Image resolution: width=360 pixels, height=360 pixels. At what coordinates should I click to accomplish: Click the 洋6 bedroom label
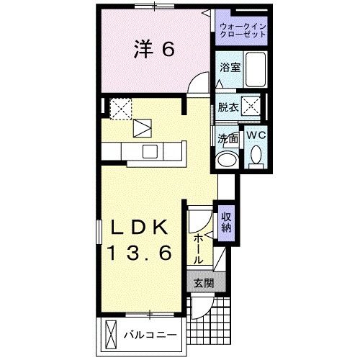coord(154,49)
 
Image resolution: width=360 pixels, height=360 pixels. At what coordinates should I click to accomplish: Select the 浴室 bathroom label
coord(230,68)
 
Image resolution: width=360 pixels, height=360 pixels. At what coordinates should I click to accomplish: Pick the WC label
coord(256,134)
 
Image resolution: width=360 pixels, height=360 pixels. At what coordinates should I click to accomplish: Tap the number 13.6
coord(140,253)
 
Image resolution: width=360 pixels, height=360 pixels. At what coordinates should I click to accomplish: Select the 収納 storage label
coord(226,222)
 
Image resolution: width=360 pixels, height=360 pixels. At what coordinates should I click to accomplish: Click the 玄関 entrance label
coord(203,283)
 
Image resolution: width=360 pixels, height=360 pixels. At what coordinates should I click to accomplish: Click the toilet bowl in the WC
coord(256,154)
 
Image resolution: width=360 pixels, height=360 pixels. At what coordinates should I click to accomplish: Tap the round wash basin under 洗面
coord(228,158)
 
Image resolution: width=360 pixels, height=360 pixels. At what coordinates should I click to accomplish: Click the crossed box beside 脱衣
coord(252,110)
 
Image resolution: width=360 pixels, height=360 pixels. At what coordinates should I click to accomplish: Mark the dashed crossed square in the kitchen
coord(120,107)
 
